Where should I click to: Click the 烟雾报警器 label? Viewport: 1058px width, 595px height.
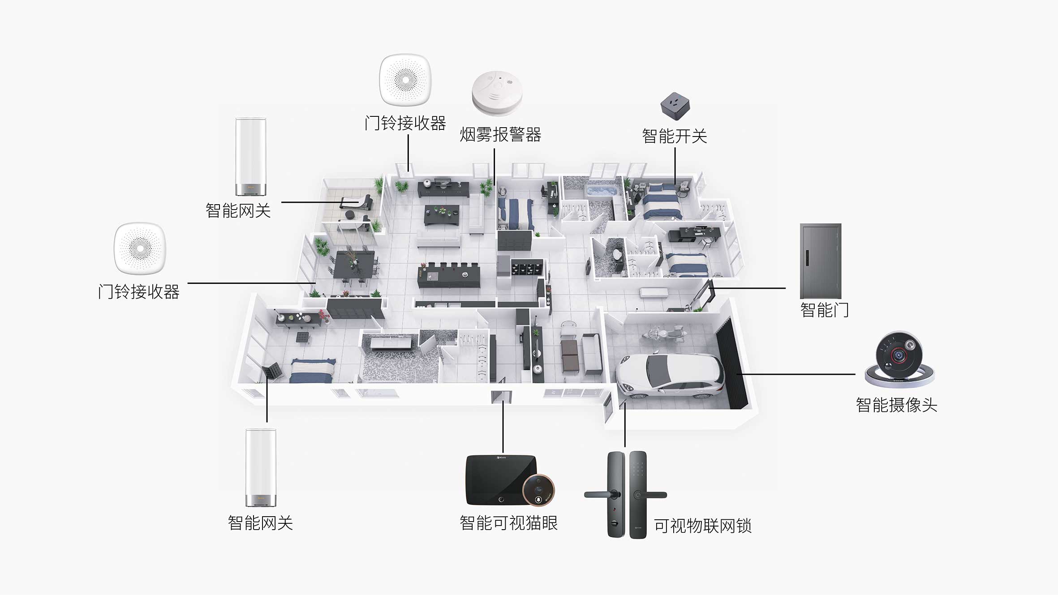500,135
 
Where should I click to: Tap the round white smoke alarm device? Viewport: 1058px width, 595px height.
497,92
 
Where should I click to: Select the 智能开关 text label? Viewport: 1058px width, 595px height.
674,136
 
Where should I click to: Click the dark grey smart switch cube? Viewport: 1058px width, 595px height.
675,106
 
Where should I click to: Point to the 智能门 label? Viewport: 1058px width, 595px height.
824,310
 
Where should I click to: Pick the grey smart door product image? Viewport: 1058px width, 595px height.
820,261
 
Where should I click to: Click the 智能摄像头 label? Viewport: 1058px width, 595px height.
896,405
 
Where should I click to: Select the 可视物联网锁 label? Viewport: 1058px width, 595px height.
702,526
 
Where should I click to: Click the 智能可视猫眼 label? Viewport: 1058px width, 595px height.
508,523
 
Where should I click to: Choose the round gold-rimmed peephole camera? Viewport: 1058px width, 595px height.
538,490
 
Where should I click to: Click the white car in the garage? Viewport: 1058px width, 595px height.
670,375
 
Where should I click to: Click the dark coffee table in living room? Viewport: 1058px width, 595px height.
442,215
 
